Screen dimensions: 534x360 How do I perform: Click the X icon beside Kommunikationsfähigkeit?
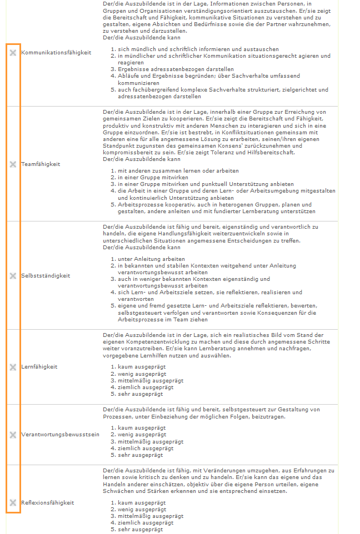pos(13,52)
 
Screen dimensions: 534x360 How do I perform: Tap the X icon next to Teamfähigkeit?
pos(13,164)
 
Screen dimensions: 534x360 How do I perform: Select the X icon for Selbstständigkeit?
pos(13,275)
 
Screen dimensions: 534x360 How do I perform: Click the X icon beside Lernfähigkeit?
pos(13,367)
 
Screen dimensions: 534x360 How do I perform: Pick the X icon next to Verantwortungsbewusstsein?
pos(13,435)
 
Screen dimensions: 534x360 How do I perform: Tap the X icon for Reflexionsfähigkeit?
pos(13,503)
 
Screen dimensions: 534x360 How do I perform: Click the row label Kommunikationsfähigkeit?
pos(56,52)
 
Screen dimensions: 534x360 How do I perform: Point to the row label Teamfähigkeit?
pos(41,164)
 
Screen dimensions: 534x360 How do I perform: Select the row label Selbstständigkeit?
pos(46,275)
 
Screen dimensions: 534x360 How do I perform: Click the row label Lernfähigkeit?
pos(39,367)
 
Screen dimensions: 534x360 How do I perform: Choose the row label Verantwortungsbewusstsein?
pos(60,435)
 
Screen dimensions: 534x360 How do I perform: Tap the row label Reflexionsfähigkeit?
pos(47,503)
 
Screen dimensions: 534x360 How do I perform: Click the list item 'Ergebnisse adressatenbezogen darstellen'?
pos(168,69)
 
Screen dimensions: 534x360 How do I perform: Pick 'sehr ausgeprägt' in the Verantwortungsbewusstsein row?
pos(141,455)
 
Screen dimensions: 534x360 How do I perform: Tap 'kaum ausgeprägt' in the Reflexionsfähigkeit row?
pos(142,503)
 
